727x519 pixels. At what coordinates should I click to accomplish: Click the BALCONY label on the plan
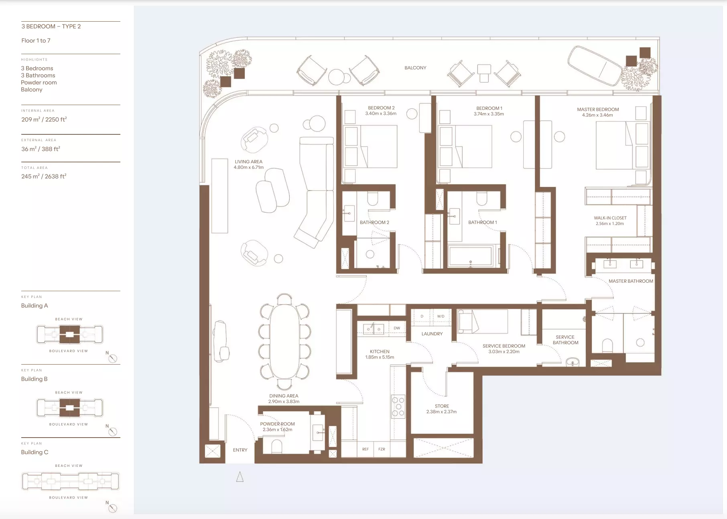click(415, 68)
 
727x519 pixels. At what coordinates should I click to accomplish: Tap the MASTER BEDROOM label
click(598, 109)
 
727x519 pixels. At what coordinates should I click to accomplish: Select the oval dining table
click(284, 342)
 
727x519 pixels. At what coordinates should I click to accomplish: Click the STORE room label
click(442, 406)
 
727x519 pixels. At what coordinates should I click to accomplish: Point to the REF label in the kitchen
click(365, 449)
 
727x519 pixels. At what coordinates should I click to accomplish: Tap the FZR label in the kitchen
click(382, 449)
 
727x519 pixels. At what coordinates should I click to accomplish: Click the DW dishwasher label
click(397, 328)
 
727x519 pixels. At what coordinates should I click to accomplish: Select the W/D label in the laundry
click(441, 316)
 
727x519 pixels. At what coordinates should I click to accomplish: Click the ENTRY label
click(240, 450)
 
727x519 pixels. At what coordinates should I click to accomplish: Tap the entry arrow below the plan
click(240, 477)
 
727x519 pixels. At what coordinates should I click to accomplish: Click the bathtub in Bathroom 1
click(471, 256)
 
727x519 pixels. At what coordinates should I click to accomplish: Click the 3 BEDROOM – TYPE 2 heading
click(51, 26)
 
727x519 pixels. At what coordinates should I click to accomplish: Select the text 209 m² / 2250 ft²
click(44, 120)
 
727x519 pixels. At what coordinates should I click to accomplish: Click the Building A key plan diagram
click(70, 335)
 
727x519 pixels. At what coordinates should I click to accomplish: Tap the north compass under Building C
click(113, 508)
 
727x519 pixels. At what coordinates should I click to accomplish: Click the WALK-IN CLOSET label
click(610, 218)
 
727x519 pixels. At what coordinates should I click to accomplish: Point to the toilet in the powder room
click(277, 447)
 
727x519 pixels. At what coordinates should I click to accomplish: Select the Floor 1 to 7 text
click(36, 41)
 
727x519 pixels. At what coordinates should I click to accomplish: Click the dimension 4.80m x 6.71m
click(249, 167)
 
